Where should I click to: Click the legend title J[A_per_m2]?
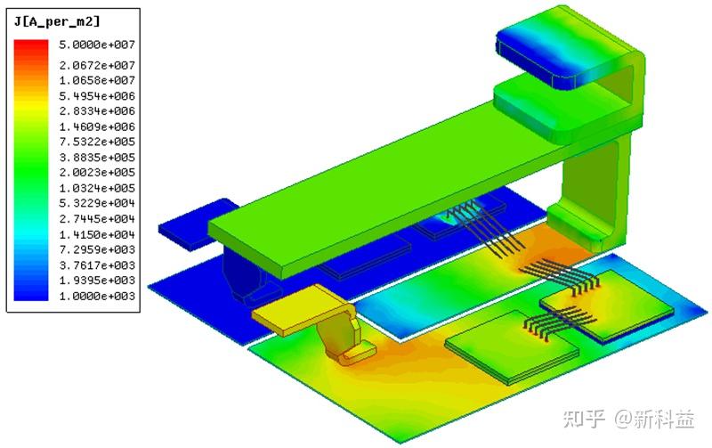[57, 21]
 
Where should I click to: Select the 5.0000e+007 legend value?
[97, 45]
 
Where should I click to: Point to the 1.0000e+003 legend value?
[97, 297]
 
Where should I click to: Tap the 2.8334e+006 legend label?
[97, 110]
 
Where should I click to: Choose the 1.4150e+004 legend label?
[97, 234]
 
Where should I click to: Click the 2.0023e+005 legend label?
[97, 172]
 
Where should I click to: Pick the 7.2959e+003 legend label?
[97, 249]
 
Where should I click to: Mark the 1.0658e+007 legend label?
[97, 80]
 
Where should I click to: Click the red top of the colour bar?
[31, 45]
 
